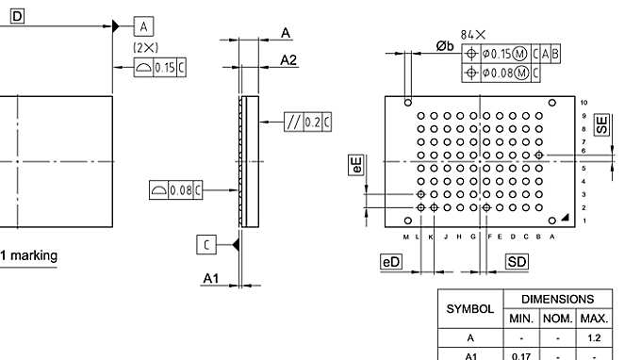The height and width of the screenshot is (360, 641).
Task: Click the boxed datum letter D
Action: [x=17, y=15]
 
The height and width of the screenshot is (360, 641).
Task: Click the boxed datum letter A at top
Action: [x=143, y=25]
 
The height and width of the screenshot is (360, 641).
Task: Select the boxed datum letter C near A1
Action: [x=207, y=245]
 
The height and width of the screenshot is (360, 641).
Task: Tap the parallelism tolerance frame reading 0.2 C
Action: [x=307, y=122]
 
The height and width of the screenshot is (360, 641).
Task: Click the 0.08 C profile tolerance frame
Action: [x=178, y=191]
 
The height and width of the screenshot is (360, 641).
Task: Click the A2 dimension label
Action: [x=289, y=60]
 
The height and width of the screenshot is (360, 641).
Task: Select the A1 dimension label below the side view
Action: [x=211, y=278]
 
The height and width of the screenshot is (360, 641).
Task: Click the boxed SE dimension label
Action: [x=601, y=123]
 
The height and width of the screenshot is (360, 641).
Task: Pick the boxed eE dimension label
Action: [x=356, y=166]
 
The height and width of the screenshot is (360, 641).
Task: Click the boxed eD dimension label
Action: [x=391, y=262]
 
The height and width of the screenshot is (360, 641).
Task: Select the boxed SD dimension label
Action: [x=518, y=262]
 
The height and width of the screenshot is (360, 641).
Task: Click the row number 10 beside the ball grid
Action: [x=584, y=102]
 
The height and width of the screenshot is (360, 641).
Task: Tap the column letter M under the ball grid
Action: [x=406, y=237]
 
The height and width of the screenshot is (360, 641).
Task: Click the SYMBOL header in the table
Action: [x=469, y=309]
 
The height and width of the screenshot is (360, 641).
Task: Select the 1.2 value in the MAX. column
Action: [x=594, y=338]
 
